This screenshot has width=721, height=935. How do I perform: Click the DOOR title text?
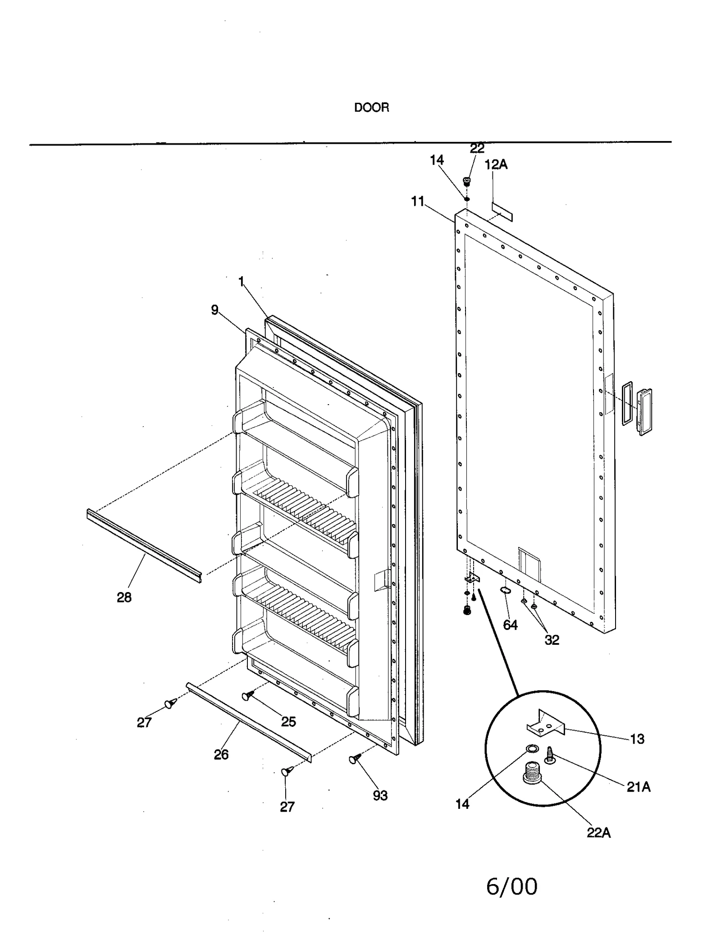371,108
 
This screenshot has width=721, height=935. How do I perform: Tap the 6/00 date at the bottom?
511,886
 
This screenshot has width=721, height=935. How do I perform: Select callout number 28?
124,597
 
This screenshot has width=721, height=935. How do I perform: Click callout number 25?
288,721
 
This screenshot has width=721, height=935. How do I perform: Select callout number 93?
380,795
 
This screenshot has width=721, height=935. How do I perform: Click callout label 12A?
496,165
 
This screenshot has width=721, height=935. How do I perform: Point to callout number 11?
418,201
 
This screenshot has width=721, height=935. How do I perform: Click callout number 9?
214,310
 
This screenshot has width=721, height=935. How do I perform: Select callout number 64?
510,625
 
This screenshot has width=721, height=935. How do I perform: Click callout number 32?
552,640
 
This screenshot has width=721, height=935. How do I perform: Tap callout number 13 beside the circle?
637,739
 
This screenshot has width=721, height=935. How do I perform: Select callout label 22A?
598,833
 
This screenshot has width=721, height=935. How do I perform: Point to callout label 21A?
638,787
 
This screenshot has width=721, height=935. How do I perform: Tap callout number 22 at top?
477,148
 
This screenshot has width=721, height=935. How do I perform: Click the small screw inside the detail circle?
550,755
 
